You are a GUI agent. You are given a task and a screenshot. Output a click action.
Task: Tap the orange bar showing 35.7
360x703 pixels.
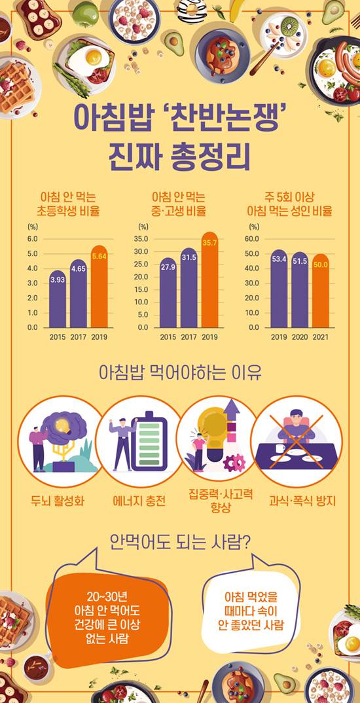pos(209,281)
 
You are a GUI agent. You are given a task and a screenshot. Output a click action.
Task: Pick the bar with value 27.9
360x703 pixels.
pos(168,294)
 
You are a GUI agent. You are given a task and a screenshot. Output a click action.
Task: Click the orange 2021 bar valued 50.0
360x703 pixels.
pos(320,291)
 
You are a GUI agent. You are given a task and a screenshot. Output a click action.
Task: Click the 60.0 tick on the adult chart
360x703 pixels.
pos(253,239)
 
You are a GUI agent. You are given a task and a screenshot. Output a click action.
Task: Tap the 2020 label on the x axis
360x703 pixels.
pos(300,337)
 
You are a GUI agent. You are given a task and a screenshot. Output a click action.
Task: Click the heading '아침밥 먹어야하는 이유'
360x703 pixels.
pos(179,374)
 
